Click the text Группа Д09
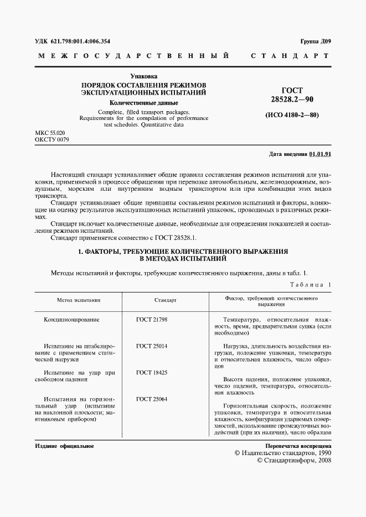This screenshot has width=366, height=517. [x=316, y=41]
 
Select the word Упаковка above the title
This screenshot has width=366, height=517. [x=143, y=75]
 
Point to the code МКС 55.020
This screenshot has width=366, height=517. [x=50, y=133]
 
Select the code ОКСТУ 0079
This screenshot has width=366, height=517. [x=52, y=140]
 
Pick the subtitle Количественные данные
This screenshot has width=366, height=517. [x=143, y=103]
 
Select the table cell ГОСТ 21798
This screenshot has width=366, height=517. [x=152, y=320]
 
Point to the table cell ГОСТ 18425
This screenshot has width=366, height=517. [x=152, y=373]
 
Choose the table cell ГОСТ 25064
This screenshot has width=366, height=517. [x=152, y=399]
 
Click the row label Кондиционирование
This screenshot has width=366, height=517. [x=71, y=320]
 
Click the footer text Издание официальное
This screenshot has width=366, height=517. [x=64, y=446]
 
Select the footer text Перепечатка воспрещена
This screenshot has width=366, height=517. [x=298, y=446]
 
